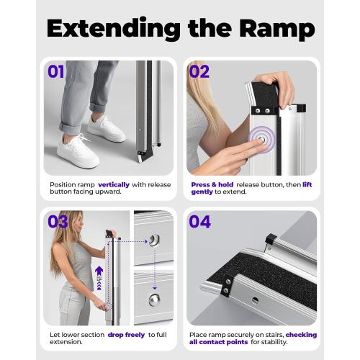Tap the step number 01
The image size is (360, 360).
click(x=57, y=72)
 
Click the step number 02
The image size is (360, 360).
click(x=200, y=72)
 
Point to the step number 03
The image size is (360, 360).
click(x=58, y=221)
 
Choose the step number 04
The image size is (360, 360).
click(x=200, y=222)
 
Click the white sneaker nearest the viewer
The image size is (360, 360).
click(x=77, y=151)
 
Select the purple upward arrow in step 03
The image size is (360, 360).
click(x=99, y=274)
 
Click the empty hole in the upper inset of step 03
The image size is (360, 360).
click(x=154, y=240)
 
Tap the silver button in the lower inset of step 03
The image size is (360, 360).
click(x=154, y=298)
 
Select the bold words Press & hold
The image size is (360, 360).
click(x=210, y=185)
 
